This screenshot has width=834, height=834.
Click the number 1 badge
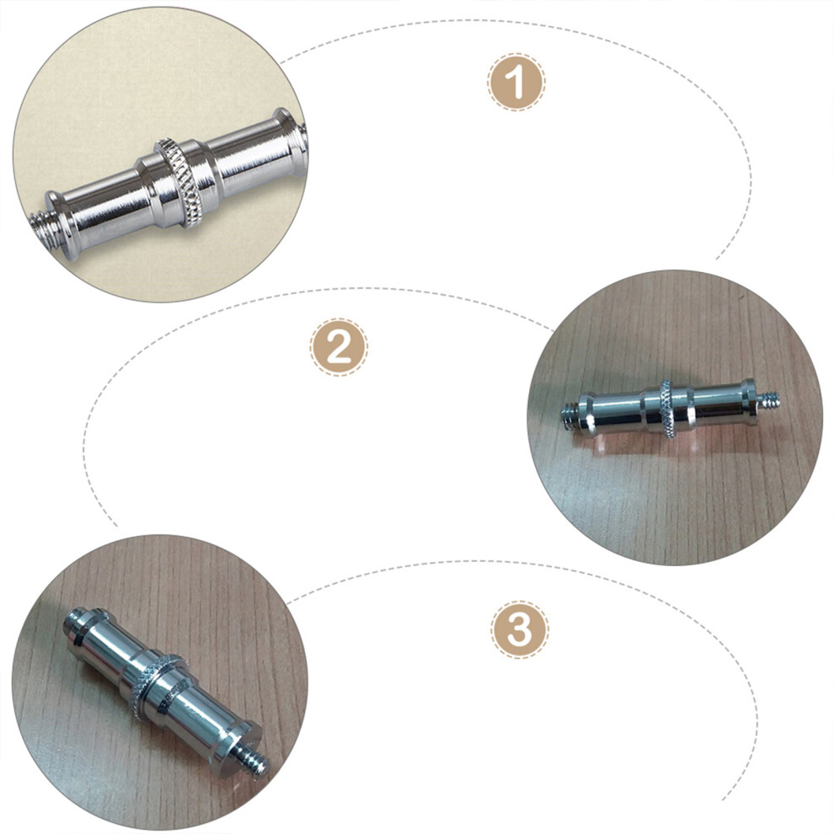pos(516,82)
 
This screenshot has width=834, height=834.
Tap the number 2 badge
pos(339,347)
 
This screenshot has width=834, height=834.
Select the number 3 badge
pos(520,630)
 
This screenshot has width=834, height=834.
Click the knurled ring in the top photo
pos(179,183)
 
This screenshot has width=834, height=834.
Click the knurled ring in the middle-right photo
pos(667,409)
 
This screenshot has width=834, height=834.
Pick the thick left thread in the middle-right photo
pos(570,414)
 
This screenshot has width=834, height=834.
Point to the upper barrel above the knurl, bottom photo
pos(109,646)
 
